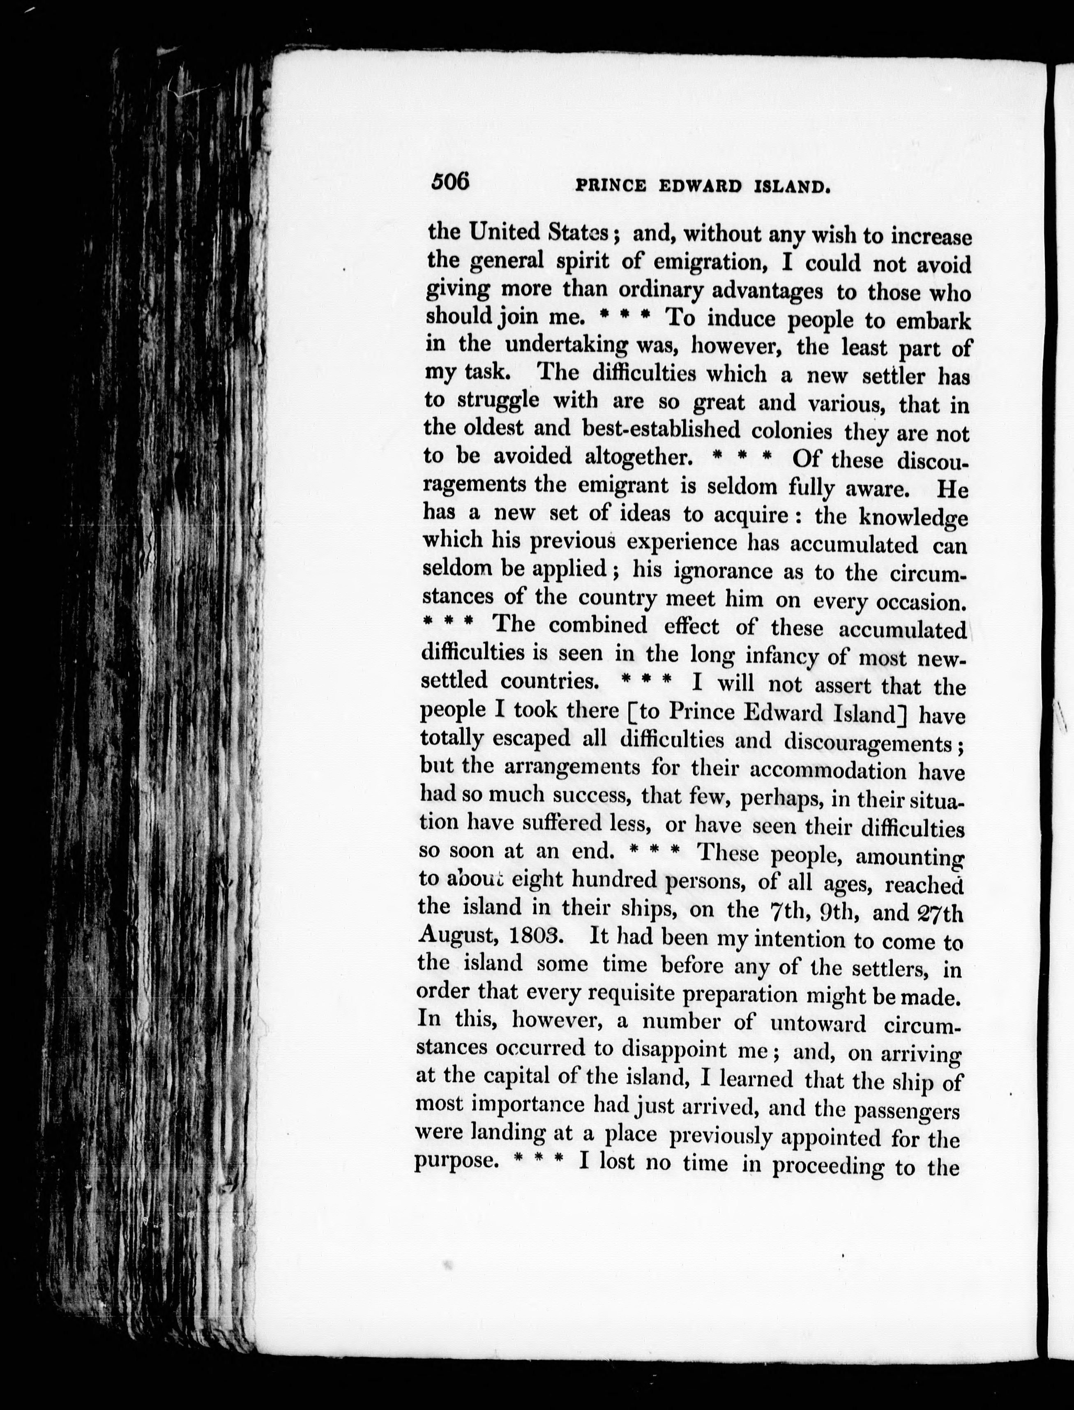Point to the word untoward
pyautogui.click(x=818, y=1023)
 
